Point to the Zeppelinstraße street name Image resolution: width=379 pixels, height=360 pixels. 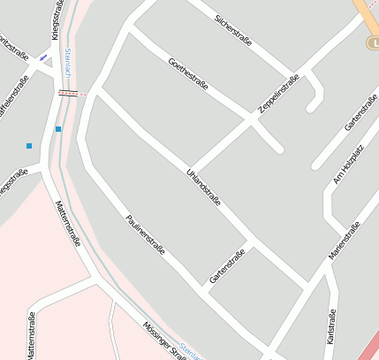point(278,93)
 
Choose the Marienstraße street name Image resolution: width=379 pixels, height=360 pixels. point(345,241)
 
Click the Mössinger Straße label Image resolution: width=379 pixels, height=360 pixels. point(164,341)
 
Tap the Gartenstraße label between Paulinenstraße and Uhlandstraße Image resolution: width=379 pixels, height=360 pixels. point(226,266)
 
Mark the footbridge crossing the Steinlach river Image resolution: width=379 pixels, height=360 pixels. point(72,92)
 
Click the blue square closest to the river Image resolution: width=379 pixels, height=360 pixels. point(58,129)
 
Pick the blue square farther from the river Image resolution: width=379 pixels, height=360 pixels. point(29,145)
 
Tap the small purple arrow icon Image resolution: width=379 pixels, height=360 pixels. point(43,57)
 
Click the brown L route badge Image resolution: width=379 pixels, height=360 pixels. point(371,42)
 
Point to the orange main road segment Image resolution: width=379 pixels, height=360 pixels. point(364,13)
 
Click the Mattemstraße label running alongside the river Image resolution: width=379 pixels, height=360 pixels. point(68,223)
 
